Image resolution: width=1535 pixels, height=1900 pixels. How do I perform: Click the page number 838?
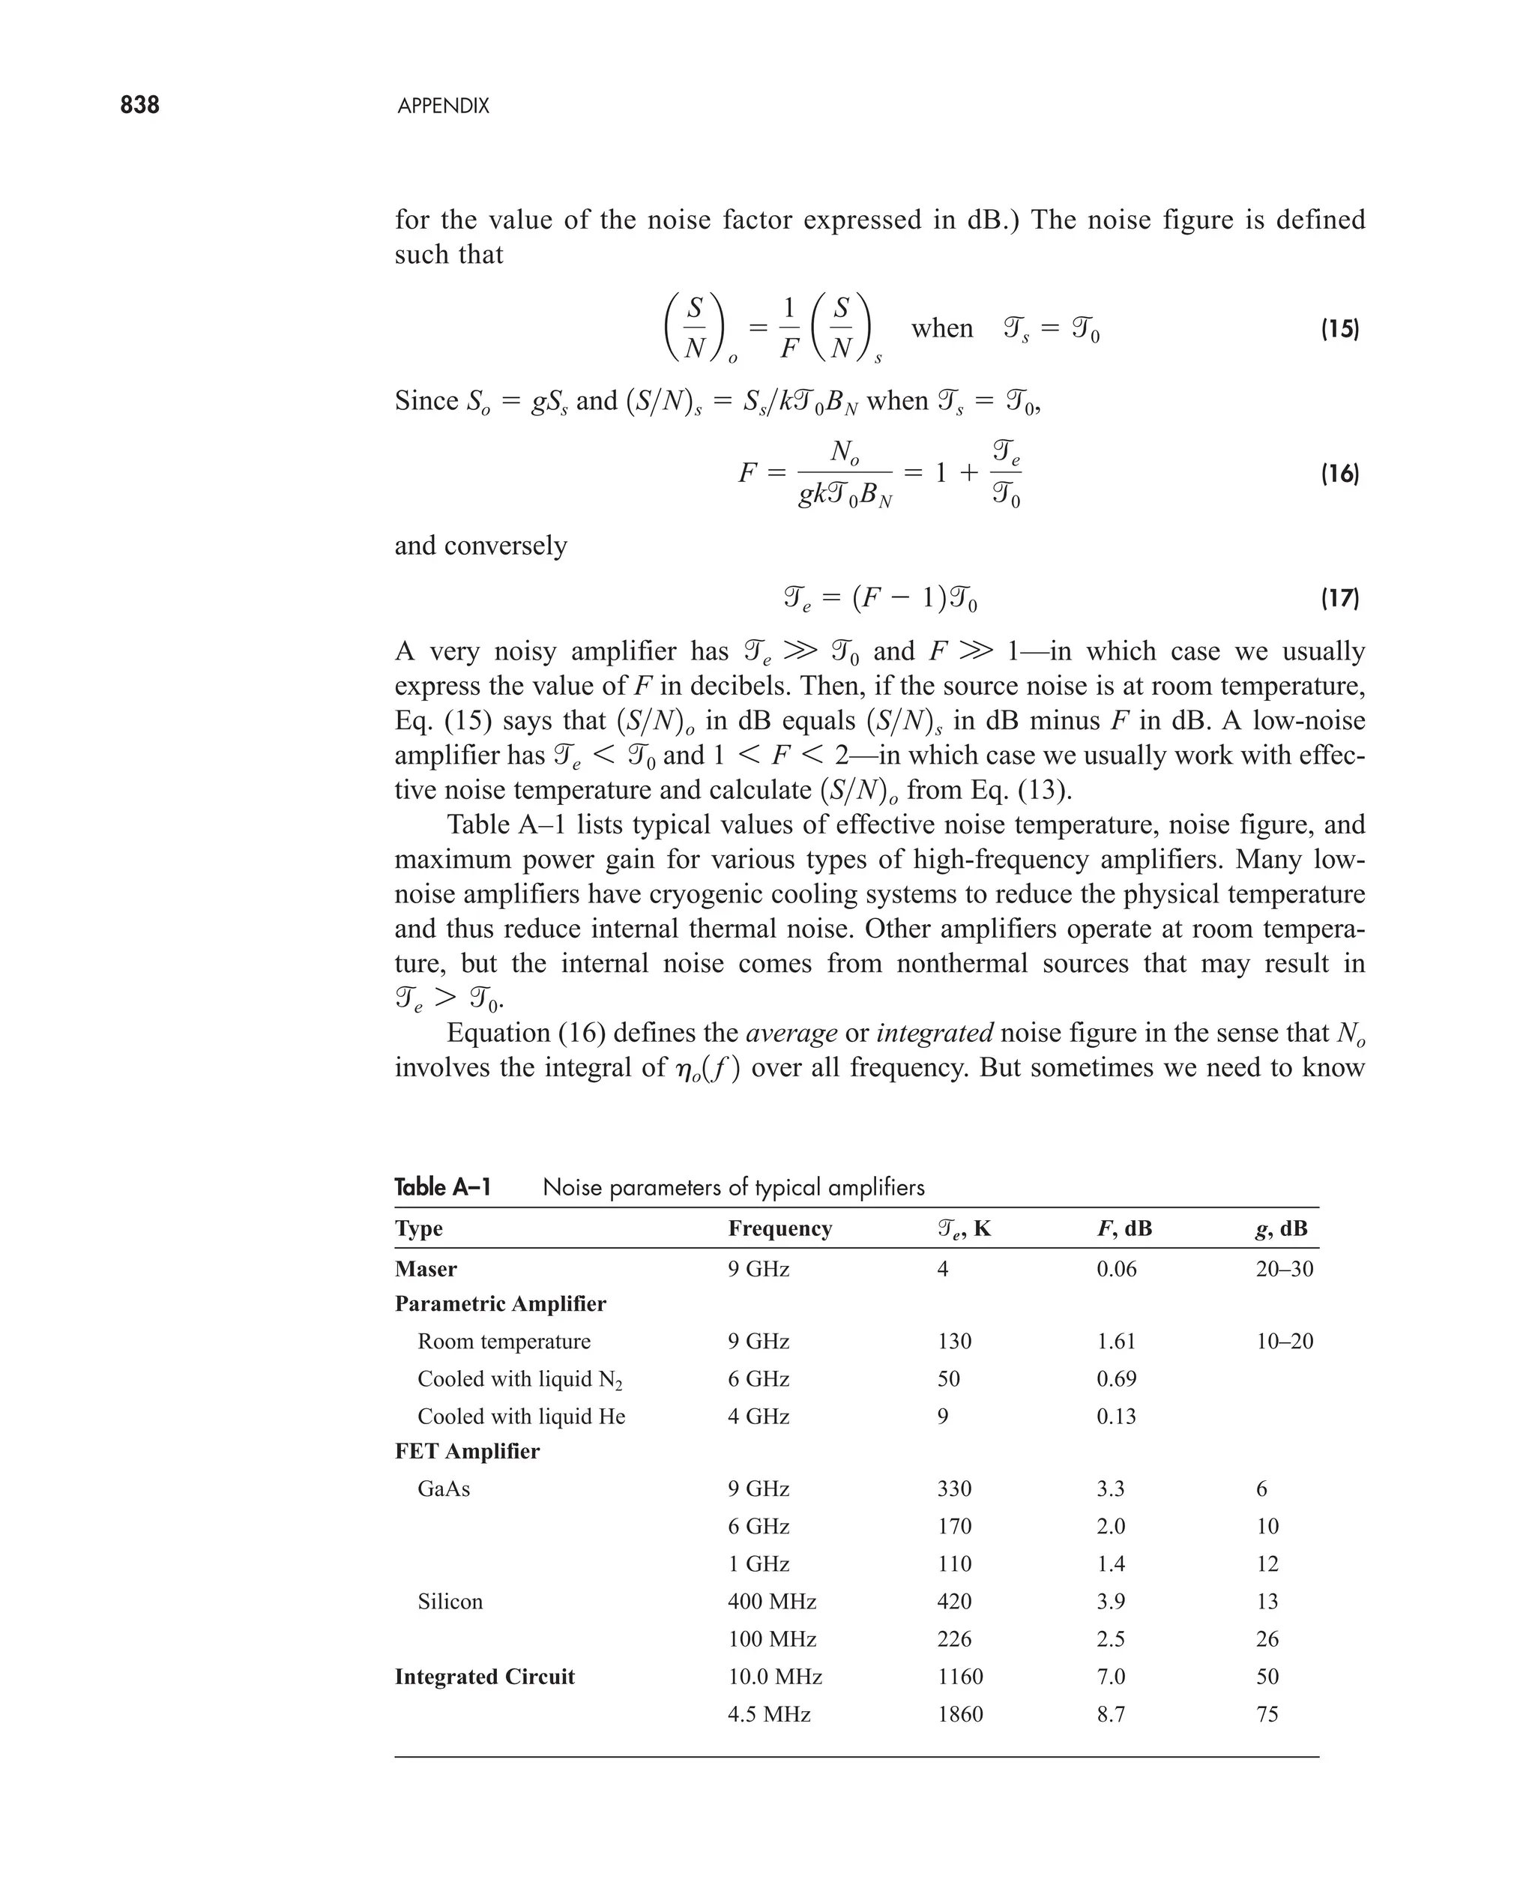point(139,105)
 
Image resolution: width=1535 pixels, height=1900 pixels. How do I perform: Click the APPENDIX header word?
point(443,106)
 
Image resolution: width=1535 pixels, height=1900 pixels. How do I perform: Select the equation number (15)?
point(1339,330)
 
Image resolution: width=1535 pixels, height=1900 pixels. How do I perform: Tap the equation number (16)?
point(1339,474)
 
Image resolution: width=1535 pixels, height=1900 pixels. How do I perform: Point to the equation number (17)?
point(1339,599)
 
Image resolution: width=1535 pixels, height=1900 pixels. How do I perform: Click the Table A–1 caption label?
point(442,1186)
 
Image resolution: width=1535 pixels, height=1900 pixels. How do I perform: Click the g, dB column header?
point(1280,1228)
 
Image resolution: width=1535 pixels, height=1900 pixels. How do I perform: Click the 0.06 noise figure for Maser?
point(1116,1269)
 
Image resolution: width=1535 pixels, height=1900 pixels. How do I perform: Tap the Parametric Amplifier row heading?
point(500,1304)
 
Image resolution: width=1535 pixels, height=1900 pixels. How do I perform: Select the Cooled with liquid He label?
point(521,1417)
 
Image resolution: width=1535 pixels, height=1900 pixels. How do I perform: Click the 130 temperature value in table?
point(954,1341)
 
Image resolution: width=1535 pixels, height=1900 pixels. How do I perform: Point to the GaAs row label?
point(443,1489)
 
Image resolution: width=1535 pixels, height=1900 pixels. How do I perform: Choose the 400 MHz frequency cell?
point(771,1601)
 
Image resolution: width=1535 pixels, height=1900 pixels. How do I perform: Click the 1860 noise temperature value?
point(959,1713)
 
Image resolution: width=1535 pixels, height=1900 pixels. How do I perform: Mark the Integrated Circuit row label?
point(484,1677)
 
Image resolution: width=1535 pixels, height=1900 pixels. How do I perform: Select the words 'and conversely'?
point(480,546)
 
